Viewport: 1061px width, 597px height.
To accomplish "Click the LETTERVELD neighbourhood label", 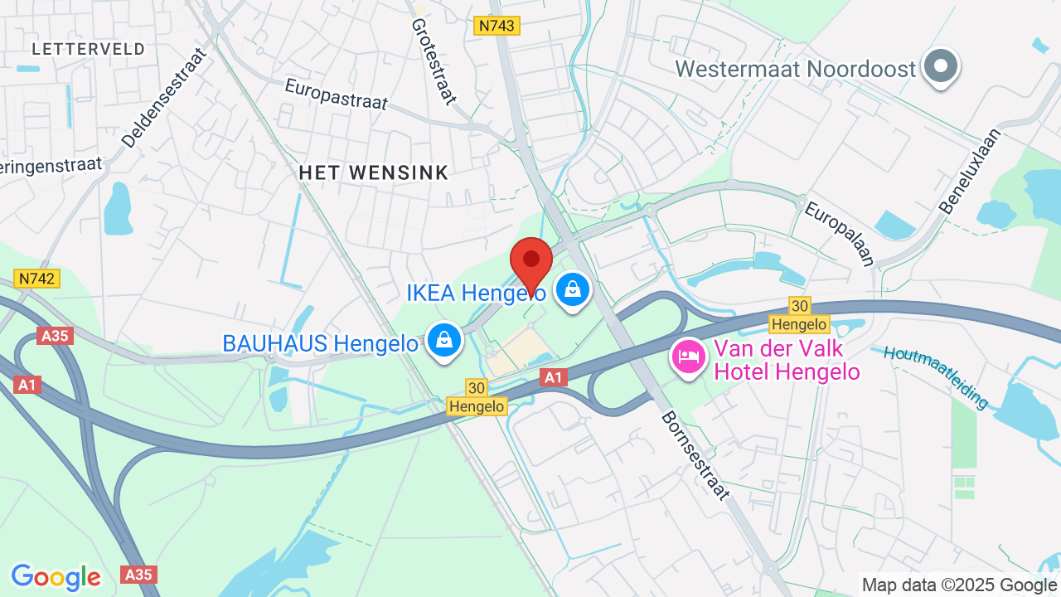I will (89, 49).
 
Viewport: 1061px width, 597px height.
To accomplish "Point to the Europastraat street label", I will (336, 94).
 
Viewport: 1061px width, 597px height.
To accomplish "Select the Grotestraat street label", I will (434, 62).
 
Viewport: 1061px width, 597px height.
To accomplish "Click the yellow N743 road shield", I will (496, 26).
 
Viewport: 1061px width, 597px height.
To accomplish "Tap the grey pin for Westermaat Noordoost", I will (940, 66).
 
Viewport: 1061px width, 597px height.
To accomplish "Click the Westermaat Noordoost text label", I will (795, 69).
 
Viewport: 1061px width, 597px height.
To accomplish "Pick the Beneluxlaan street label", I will (971, 171).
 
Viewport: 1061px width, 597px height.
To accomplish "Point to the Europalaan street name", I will (839, 234).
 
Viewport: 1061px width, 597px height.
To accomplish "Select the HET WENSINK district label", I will (373, 172).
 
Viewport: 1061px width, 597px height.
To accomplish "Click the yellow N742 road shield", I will (36, 279).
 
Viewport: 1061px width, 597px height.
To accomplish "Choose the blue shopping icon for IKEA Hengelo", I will (572, 289).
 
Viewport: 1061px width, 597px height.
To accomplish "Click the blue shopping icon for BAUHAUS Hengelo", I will (444, 340).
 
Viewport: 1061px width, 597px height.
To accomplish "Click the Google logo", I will (56, 576).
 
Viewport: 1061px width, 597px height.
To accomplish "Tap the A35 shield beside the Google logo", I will (138, 574).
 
